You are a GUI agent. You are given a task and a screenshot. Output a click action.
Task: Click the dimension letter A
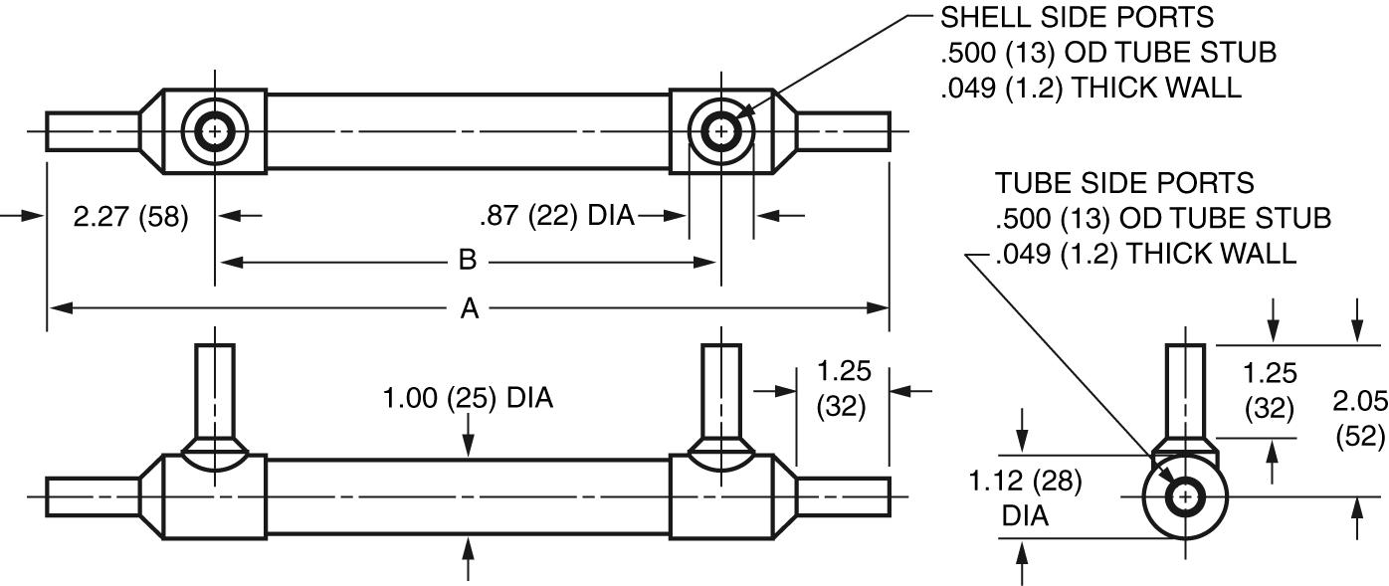point(469,309)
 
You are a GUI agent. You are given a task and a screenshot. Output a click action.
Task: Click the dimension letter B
point(467,262)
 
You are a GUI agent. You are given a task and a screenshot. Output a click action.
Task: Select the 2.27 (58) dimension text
point(130,217)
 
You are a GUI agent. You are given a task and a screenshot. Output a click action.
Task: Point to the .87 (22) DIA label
point(556,216)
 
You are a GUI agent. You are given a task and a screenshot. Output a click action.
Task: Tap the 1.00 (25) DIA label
point(468,399)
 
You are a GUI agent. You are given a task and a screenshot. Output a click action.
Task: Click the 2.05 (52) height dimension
point(1359,418)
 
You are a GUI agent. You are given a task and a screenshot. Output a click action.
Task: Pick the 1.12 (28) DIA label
point(1025,498)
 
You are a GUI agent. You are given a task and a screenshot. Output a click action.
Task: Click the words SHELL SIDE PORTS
point(1077,17)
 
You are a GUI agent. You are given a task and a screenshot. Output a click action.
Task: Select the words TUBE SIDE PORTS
point(1124,183)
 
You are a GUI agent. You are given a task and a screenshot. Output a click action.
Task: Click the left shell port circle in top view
point(214,130)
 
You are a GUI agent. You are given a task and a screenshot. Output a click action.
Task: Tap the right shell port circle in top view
point(721,130)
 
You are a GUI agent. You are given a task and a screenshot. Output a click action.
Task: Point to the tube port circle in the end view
point(1184,496)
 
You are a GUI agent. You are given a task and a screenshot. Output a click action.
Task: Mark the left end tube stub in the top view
point(92,130)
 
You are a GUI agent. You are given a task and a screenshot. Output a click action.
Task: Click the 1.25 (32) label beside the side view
point(843,389)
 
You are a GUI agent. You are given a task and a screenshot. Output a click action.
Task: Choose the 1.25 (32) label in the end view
point(1271,391)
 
